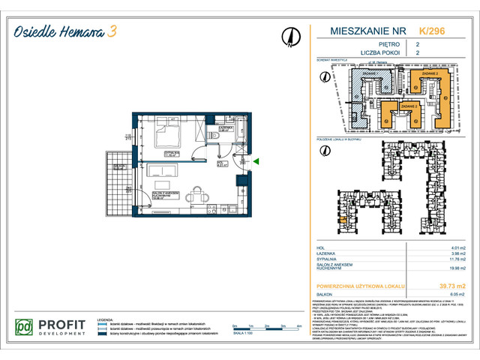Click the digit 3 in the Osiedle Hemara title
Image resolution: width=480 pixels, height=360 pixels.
tap(112, 31)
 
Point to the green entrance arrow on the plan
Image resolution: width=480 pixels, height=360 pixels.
tap(256, 160)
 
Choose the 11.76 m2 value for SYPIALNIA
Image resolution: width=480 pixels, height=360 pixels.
tap(447, 260)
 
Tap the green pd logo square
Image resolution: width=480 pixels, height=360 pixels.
tap(25, 328)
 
